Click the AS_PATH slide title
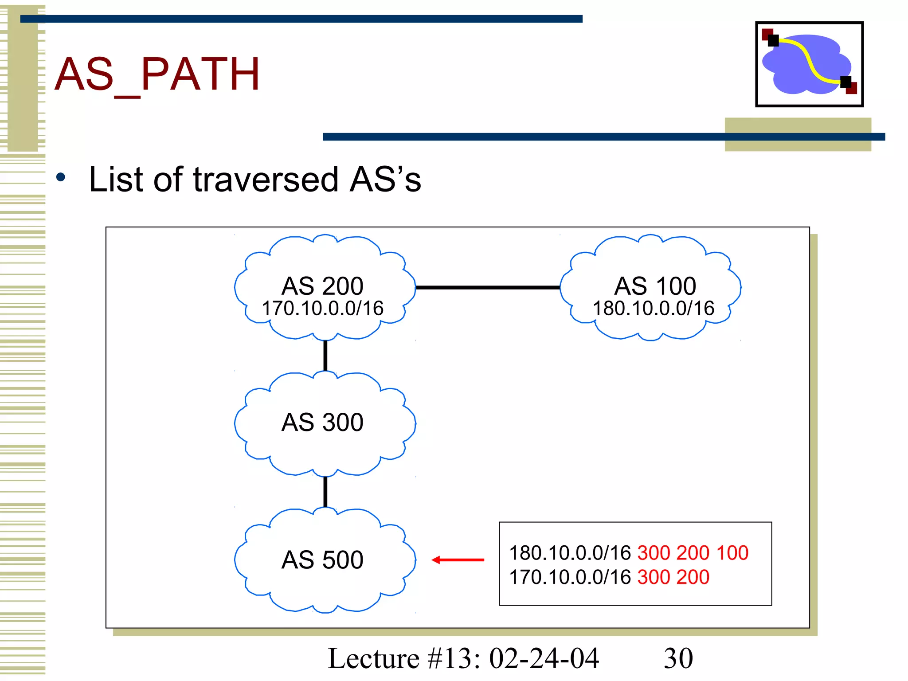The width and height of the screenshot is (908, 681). point(157,74)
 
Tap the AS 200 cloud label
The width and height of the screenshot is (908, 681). point(322,286)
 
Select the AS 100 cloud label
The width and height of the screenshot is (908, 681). point(654,286)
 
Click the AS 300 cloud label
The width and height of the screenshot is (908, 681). point(322,422)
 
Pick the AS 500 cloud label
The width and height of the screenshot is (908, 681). point(322,560)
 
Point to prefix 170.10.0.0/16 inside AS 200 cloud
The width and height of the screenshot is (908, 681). point(322,309)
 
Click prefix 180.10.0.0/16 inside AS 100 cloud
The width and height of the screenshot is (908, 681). point(654,309)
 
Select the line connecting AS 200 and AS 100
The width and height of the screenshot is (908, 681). point(488,288)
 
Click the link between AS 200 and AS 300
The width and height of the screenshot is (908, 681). point(325,356)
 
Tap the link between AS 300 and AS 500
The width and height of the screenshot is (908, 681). point(325,491)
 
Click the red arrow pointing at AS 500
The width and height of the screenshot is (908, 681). point(458,560)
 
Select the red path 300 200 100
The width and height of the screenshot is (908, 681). point(693,553)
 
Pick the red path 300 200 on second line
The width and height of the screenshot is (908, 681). point(673,577)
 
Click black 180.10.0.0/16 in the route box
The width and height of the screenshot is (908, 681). point(570,553)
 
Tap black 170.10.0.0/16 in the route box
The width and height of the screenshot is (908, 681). point(570,577)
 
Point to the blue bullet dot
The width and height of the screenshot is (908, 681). point(61,178)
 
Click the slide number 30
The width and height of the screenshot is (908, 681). point(678,658)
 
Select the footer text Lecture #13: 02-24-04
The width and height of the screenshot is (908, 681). point(463,658)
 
